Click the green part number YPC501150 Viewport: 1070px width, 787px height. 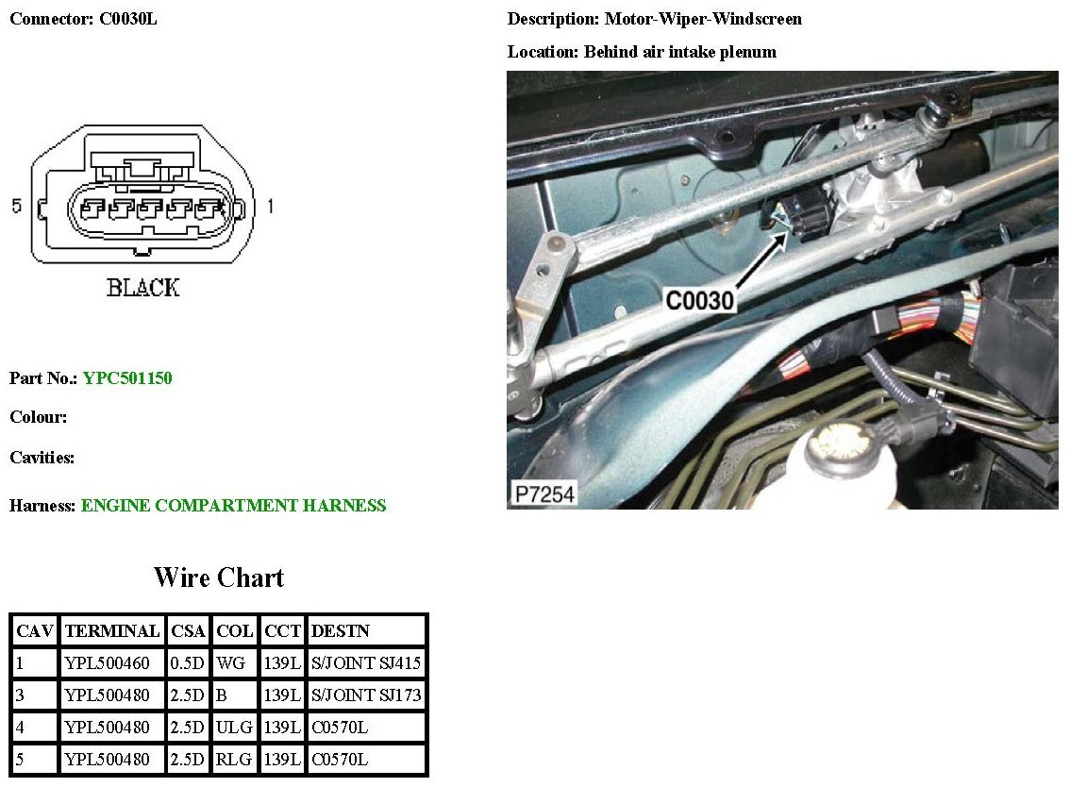click(x=127, y=378)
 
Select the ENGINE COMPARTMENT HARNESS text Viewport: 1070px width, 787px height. click(x=233, y=506)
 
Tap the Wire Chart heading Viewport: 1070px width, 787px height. click(x=218, y=578)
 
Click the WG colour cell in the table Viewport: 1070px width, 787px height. click(x=231, y=663)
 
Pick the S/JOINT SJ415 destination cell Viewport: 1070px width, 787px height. click(x=366, y=663)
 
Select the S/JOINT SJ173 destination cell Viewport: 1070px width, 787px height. click(x=366, y=696)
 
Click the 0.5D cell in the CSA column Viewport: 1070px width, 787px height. click(x=188, y=663)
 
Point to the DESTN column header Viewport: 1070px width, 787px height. click(x=341, y=631)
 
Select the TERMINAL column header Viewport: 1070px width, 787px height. click(x=112, y=631)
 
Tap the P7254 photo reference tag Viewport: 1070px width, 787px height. click(x=543, y=494)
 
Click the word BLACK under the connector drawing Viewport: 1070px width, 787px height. click(x=142, y=289)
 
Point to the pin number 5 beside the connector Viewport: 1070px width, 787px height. click(x=16, y=206)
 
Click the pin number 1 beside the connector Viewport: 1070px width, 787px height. click(x=270, y=206)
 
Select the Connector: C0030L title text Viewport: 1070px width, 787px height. click(x=83, y=19)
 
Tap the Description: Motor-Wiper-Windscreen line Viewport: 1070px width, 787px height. click(x=655, y=19)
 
